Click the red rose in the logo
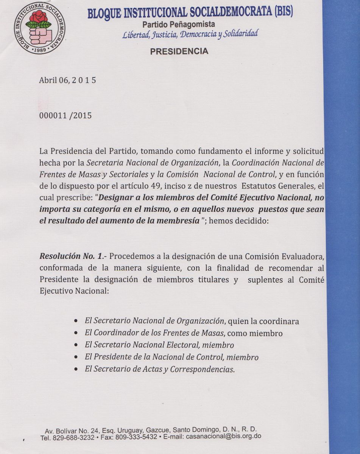pyautogui.click(x=39, y=17)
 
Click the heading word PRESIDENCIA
pyautogui.click(x=179, y=51)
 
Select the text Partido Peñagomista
pyautogui.click(x=179, y=24)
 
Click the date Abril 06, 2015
pyautogui.click(x=67, y=80)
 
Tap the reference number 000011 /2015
pyautogui.click(x=65, y=115)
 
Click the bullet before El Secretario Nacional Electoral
pyautogui.click(x=77, y=345)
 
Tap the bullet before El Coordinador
pyautogui.click(x=77, y=333)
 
